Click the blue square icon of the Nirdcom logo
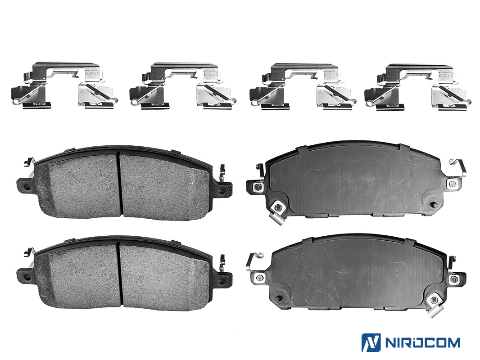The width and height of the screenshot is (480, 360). pos(371,342)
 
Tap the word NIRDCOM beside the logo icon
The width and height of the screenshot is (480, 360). pos(422,342)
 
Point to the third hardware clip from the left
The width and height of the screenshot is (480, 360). pos(303,86)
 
